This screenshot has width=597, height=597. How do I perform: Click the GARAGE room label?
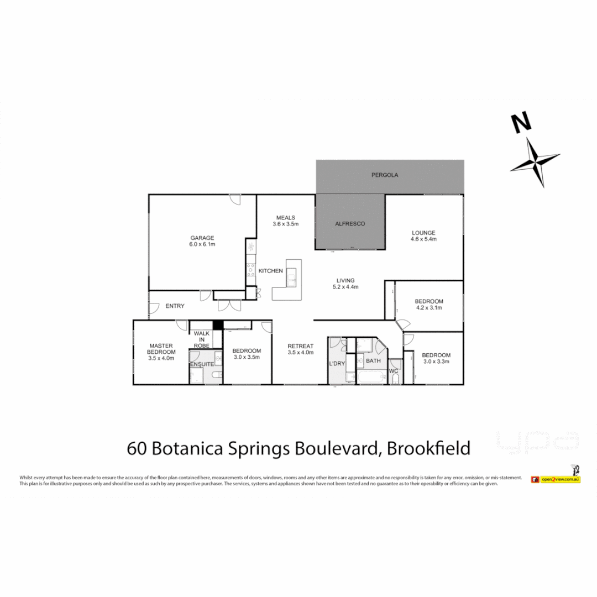pyautogui.click(x=202, y=238)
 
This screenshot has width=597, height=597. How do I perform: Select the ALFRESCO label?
pyautogui.click(x=350, y=224)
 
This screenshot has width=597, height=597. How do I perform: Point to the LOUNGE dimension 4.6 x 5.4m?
pyautogui.click(x=423, y=239)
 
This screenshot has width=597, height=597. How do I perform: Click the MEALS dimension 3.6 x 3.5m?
pyautogui.click(x=285, y=224)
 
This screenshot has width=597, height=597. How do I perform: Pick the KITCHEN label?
pyautogui.click(x=271, y=271)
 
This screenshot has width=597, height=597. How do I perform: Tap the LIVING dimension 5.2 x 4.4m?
pyautogui.click(x=345, y=287)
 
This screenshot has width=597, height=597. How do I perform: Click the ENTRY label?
pyautogui.click(x=175, y=306)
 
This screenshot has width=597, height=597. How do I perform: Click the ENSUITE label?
pyautogui.click(x=202, y=364)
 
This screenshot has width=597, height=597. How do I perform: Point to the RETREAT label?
pyautogui.click(x=300, y=346)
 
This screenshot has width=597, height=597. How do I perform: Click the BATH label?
pyautogui.click(x=373, y=361)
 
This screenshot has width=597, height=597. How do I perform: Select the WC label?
pyautogui.click(x=394, y=371)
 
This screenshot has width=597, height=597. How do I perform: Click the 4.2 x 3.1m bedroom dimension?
pyautogui.click(x=428, y=308)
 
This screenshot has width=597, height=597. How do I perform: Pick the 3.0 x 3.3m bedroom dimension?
pyautogui.click(x=436, y=362)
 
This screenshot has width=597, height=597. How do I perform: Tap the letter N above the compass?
pyautogui.click(x=520, y=122)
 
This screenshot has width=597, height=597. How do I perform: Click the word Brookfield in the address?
pyautogui.click(x=428, y=447)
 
